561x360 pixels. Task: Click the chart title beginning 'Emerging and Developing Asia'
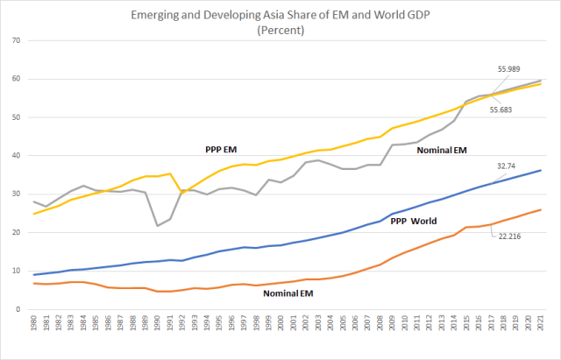[280, 14]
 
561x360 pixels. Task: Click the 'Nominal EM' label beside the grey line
[442, 151]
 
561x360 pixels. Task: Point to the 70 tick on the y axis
[17, 40]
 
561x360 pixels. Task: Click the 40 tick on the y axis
[17, 156]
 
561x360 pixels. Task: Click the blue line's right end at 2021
[540, 170]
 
